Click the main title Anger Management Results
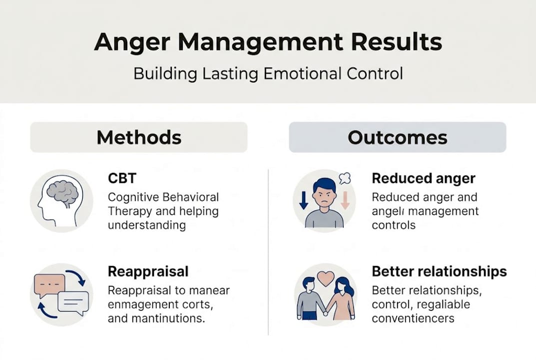point(268,42)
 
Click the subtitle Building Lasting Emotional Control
point(268,74)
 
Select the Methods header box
point(138,137)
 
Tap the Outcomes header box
point(397,137)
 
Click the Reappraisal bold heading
point(148,271)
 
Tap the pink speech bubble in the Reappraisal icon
point(49,284)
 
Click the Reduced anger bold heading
point(424,178)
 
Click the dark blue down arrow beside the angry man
point(303,200)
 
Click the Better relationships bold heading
point(439,271)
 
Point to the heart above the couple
point(325,278)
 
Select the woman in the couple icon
point(342,300)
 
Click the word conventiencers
point(413,318)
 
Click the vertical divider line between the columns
point(268,250)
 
